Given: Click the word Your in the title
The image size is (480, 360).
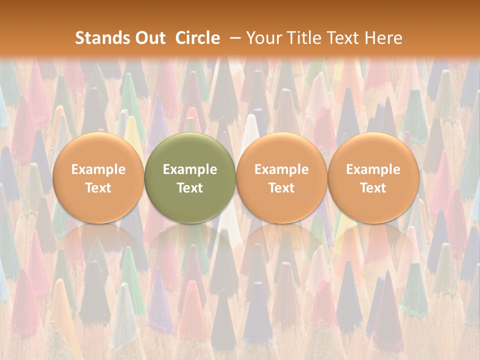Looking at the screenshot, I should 262,38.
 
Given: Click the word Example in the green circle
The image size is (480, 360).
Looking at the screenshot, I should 190,169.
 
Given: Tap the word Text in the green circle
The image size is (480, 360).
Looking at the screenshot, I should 190,188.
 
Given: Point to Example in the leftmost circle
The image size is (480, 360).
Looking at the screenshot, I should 98,169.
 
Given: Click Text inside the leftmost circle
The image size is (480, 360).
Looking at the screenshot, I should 98,188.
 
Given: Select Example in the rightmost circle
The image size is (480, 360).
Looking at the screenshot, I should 373,169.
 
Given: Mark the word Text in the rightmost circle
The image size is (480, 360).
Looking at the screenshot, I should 373,188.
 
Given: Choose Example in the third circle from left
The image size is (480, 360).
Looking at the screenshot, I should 281,169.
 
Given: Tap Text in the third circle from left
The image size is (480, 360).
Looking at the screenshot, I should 281,188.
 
